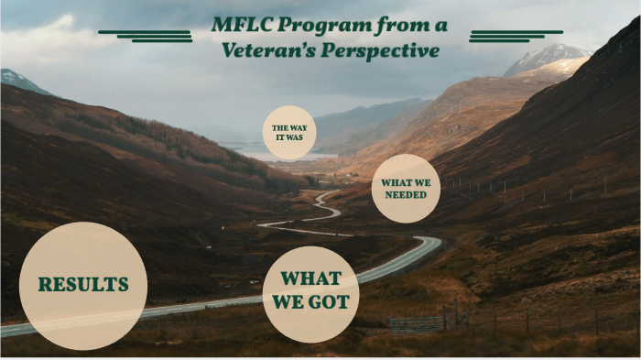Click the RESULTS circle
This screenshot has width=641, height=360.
[82, 285]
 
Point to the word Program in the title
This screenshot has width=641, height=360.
[319, 24]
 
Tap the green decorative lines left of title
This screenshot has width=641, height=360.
[147, 36]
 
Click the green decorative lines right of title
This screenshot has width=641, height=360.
[503, 36]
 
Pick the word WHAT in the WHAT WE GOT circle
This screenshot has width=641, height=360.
[310, 278]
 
